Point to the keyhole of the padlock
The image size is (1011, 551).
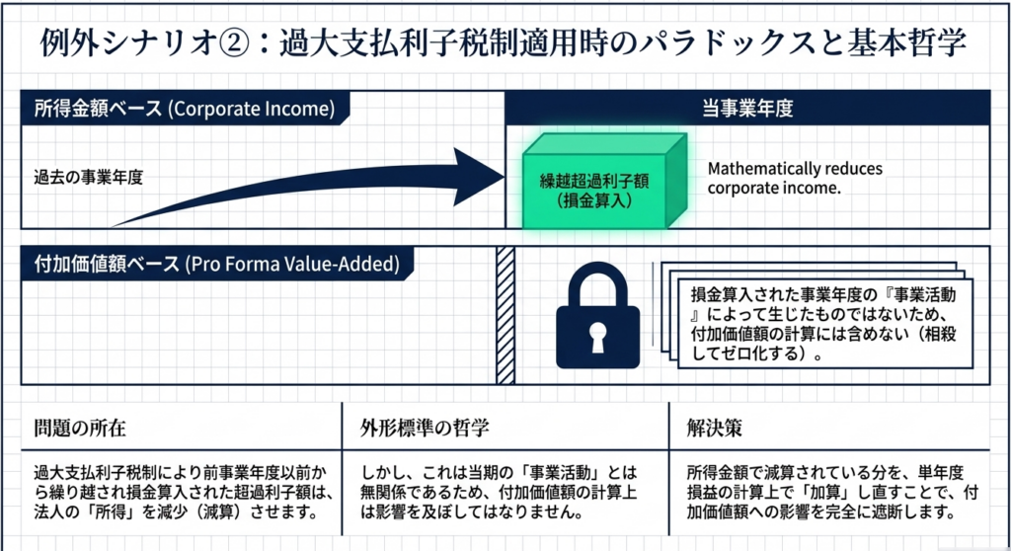click(596, 337)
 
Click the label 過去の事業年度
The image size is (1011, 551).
click(89, 179)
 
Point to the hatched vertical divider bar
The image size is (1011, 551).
click(505, 314)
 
